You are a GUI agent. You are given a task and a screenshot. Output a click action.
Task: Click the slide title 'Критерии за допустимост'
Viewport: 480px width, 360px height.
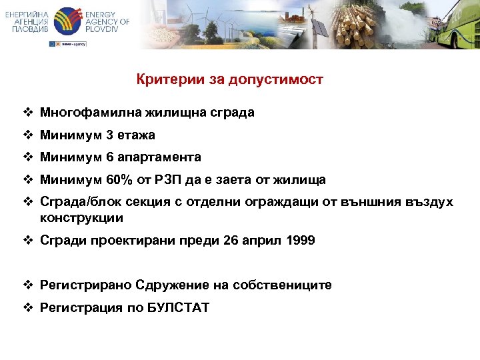click(229, 80)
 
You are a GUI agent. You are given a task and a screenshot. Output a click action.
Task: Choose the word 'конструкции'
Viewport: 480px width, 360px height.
click(81, 218)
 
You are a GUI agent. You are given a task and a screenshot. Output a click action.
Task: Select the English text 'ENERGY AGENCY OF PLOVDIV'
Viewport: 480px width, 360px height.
click(107, 21)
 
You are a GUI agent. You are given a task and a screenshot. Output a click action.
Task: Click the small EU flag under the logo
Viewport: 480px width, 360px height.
click(53, 43)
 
